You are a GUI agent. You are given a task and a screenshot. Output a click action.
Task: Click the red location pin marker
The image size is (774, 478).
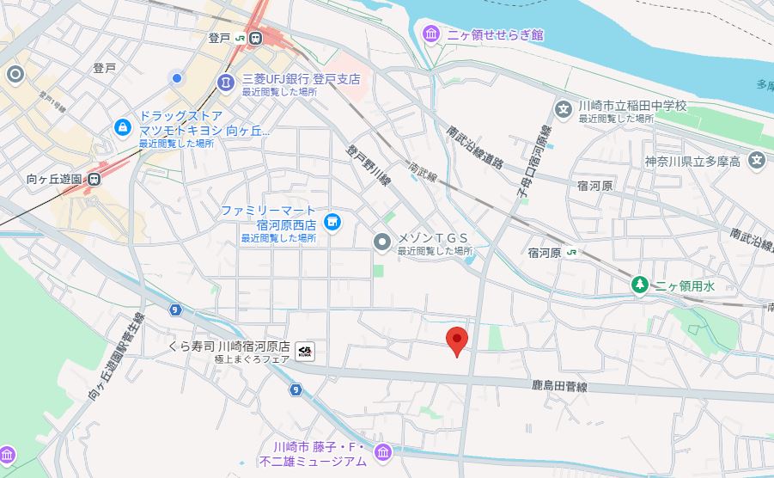(458, 341)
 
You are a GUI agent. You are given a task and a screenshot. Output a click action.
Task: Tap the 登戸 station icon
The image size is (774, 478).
(256, 38)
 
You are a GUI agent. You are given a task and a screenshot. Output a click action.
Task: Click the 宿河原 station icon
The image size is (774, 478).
(572, 253)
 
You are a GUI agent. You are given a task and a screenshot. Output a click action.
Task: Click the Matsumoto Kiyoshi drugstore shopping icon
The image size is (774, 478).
(124, 128)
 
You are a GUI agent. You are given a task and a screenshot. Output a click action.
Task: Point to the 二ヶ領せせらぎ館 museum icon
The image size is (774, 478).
(432, 34)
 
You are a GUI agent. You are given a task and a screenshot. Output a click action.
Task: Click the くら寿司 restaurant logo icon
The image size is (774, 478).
(305, 350)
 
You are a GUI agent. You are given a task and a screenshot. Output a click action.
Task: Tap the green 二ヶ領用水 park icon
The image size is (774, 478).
(639, 284)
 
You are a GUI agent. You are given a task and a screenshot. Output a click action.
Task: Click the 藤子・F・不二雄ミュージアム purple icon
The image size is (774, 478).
(382, 451)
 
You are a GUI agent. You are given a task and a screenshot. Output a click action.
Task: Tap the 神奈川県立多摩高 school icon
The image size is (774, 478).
(756, 160)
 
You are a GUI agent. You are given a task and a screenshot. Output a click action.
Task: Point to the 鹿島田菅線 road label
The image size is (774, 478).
(559, 388)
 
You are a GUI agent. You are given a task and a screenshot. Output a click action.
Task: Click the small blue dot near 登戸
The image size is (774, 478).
(177, 78)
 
